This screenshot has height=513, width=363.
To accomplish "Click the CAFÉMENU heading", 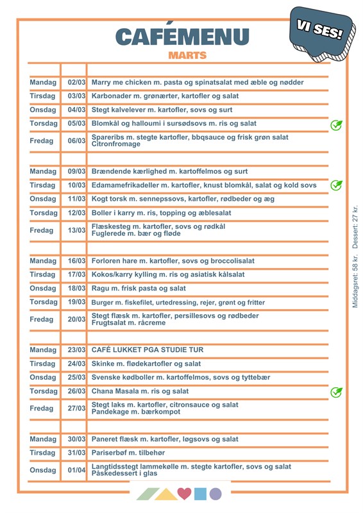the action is coord(183,38).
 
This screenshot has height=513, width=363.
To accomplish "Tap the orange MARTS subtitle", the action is coord(187,56).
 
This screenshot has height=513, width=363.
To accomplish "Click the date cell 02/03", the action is coord(76,83).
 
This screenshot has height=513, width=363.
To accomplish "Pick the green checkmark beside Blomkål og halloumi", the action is coord(335,124).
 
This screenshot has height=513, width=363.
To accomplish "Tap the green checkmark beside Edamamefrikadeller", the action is coord(335,185).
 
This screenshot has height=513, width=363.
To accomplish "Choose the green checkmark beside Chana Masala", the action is coord(335,392).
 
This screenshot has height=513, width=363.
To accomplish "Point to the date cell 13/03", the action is coord(76,230).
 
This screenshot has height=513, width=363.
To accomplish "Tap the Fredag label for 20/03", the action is coord(42,319).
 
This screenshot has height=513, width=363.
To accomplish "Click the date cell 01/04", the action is coord(76,470).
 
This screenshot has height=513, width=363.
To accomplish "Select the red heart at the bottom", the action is coord(184,494).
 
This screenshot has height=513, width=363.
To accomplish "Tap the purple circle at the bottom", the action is coord(215,494).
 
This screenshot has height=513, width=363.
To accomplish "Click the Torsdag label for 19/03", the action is coord(44,302).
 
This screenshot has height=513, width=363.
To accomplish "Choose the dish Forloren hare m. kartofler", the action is coord(173,261).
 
